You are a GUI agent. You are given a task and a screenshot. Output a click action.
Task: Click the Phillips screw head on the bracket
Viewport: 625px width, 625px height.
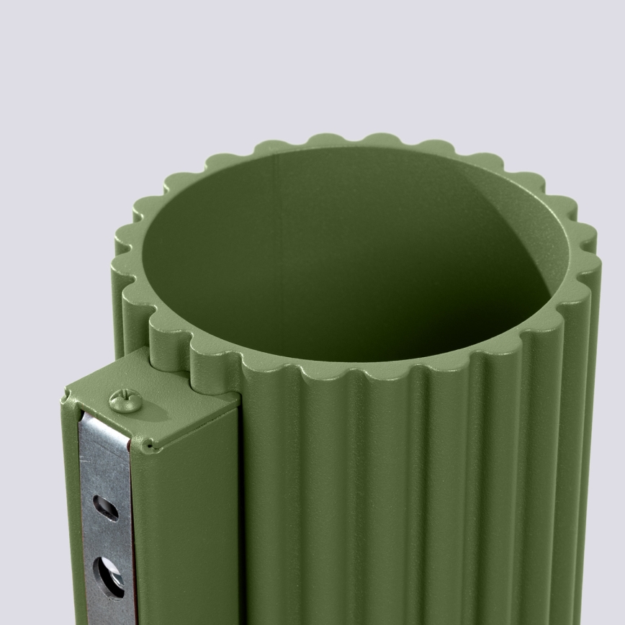pos(125,400)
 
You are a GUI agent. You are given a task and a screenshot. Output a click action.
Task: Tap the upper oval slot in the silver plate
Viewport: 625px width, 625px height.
pos(106,508)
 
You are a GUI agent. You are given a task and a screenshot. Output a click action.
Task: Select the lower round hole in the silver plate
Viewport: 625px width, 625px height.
pos(109,576)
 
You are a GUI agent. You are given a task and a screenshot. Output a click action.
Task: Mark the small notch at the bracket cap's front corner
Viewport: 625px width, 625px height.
pos(148,446)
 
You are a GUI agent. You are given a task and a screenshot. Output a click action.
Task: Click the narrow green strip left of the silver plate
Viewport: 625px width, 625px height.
pos(72,518)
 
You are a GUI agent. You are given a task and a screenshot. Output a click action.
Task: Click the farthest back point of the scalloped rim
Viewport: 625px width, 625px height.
pos(353,139)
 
